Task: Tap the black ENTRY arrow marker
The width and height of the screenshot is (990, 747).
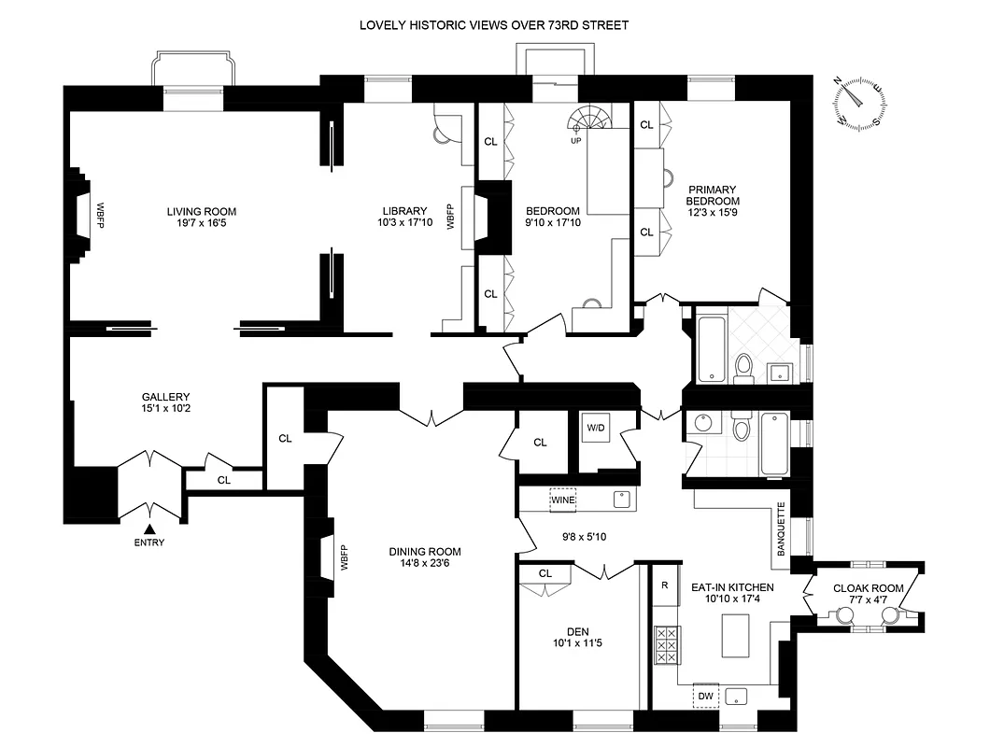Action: coord(148,530)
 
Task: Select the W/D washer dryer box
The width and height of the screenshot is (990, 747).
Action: coord(595,428)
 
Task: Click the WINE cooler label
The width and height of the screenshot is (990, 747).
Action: coord(563,500)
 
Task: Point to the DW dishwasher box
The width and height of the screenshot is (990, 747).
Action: coord(705,696)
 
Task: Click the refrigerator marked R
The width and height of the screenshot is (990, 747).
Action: coord(664,586)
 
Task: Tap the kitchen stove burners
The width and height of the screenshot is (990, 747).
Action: coord(667,644)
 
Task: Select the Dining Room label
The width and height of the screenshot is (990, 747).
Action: coord(425,551)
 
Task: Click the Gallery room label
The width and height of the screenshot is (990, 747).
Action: coord(166,396)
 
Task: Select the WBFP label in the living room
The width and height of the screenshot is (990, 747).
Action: coord(96,214)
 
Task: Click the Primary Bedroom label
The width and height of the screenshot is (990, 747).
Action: coord(713,194)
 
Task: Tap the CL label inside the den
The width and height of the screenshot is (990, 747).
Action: coord(545,572)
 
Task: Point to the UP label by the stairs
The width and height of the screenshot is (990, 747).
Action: coord(576,141)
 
